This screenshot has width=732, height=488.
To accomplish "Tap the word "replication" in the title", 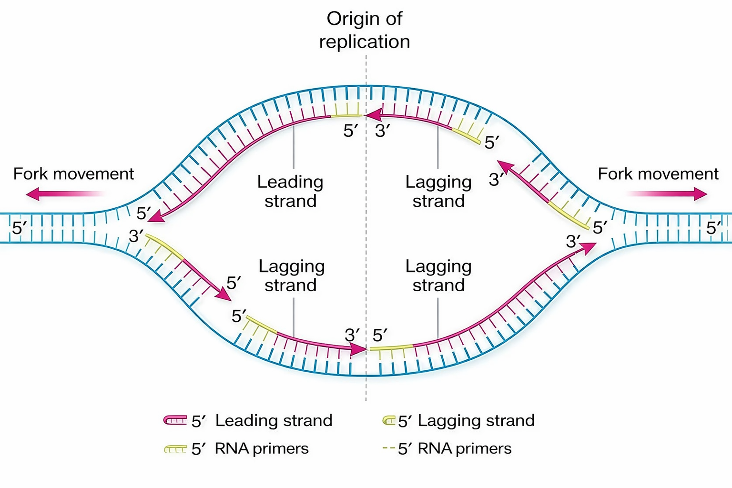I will click(365, 42).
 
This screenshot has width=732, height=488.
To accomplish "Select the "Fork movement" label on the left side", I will click(73, 174).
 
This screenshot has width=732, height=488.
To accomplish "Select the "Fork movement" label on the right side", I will click(658, 174).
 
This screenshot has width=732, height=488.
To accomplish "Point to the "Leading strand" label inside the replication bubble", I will click(290, 191).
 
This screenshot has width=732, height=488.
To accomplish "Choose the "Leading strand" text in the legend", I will click(274, 420).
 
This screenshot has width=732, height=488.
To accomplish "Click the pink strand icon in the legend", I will click(175, 420).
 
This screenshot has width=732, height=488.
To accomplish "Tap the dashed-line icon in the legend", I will click(389, 448).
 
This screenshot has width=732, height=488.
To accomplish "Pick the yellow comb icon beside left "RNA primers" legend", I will click(175, 449).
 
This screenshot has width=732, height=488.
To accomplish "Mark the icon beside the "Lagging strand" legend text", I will click(389, 420).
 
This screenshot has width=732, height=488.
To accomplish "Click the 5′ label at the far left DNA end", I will click(20, 228).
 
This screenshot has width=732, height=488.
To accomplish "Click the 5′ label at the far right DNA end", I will click(714, 228).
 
